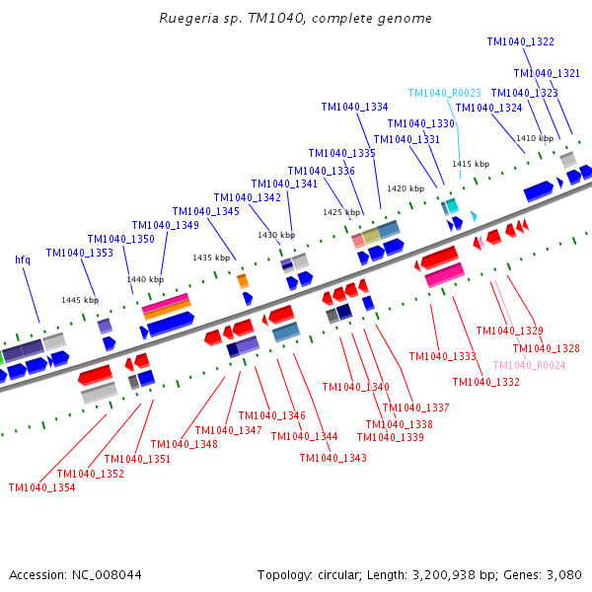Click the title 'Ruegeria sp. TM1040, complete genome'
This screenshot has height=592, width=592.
[x=295, y=19]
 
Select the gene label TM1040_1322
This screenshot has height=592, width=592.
[x=520, y=42]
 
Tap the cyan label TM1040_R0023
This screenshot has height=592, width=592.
[x=444, y=93]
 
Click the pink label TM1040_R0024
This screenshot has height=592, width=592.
[x=529, y=365]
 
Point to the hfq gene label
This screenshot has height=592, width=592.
[x=23, y=259]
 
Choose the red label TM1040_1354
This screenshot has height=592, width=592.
[x=41, y=487]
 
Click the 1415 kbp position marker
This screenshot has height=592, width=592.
[x=471, y=164]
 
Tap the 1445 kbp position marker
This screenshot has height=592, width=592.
[x=80, y=300]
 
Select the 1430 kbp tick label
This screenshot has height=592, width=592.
[x=276, y=235]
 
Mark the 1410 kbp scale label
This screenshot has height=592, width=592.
[x=535, y=138]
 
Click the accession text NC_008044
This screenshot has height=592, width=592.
[x=75, y=574]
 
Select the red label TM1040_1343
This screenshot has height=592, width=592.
[x=333, y=458]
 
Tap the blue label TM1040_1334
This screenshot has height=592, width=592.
[x=354, y=108]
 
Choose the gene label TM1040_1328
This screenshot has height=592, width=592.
[x=546, y=348]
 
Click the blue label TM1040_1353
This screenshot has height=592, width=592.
[x=79, y=254]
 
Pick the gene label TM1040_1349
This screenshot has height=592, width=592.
[x=166, y=225]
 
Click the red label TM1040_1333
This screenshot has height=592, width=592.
[x=442, y=356]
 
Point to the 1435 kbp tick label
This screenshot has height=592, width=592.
[x=211, y=258]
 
